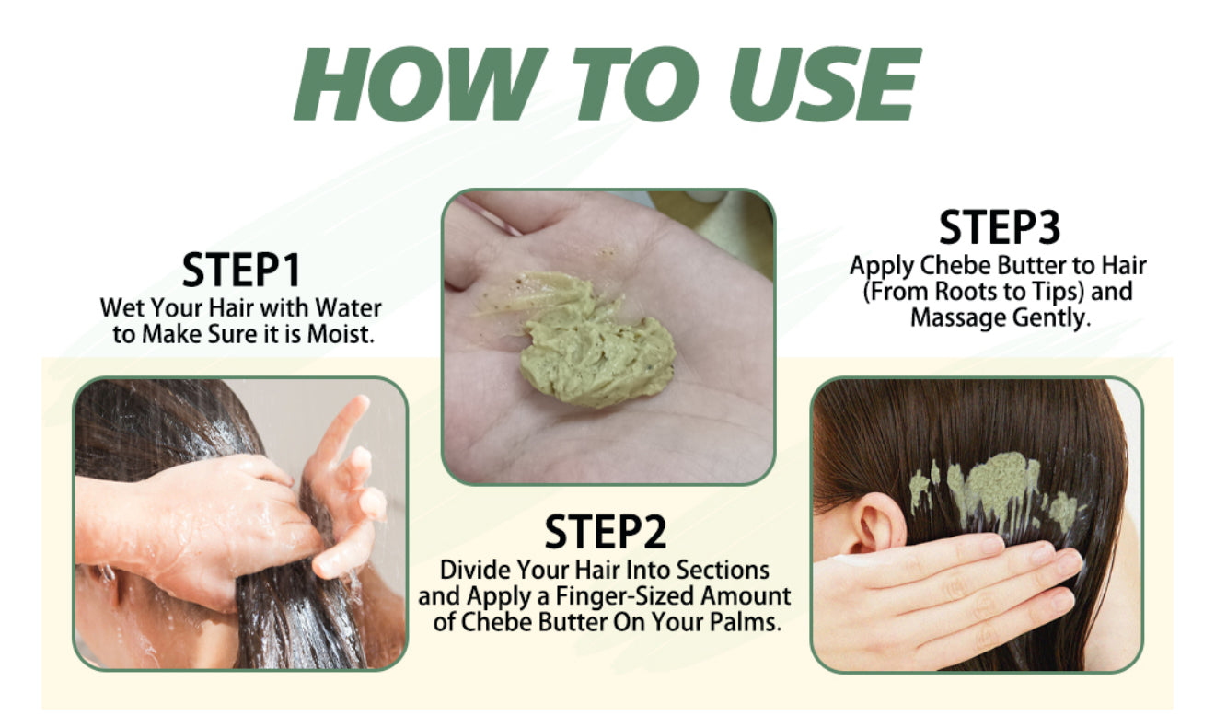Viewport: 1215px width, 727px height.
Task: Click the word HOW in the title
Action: click(x=421, y=84)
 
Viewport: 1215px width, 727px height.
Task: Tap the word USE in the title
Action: click(x=825, y=84)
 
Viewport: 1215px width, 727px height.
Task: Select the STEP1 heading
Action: click(x=241, y=270)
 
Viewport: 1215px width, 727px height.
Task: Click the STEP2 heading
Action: click(x=606, y=532)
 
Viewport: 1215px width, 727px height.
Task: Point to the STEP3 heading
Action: click(x=999, y=227)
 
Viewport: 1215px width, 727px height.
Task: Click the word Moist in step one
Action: click(x=341, y=334)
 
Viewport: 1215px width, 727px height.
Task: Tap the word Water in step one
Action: click(x=348, y=308)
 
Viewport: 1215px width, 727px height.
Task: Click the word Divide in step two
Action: click(x=475, y=570)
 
